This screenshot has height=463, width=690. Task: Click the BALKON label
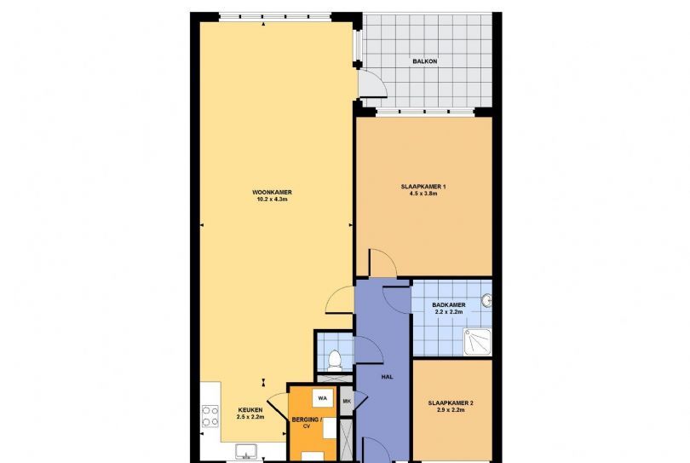click(x=425, y=61)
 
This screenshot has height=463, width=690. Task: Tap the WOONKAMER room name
click(x=272, y=193)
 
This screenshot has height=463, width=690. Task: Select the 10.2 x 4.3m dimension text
click(x=272, y=200)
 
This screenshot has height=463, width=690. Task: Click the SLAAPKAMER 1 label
click(x=423, y=187)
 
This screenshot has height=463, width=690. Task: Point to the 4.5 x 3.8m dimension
click(x=423, y=194)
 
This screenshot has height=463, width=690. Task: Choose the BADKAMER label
click(x=448, y=305)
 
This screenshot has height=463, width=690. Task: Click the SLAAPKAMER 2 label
click(x=451, y=403)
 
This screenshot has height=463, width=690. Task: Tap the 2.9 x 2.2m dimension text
click(x=451, y=409)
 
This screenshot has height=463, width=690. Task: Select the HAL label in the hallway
click(x=388, y=377)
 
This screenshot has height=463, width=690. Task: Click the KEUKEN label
click(x=250, y=409)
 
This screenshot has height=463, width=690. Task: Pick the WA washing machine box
click(x=323, y=399)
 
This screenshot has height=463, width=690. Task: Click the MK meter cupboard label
click(x=347, y=402)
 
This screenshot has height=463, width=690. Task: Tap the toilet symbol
click(x=335, y=361)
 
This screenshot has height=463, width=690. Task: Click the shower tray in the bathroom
click(x=477, y=342)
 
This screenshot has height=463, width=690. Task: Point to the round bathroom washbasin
click(x=486, y=301)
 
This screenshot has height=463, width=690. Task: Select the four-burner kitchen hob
click(x=210, y=416)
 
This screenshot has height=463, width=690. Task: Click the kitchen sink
click(x=246, y=452)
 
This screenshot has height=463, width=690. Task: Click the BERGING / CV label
click(x=307, y=422)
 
